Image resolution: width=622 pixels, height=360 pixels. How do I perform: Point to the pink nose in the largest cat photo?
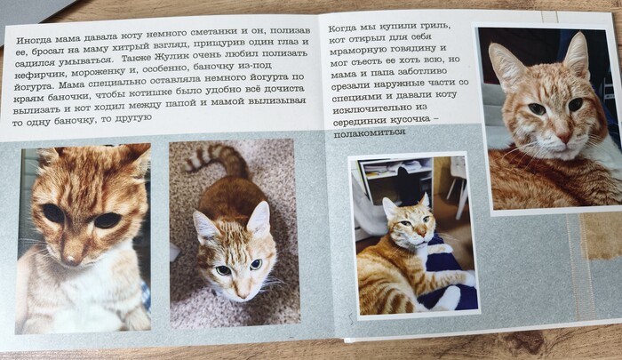coord(563,137)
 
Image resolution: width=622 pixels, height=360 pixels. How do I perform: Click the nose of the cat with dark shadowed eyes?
coord(72,259)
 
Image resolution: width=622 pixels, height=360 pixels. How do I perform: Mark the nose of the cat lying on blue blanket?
coord(421,232)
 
